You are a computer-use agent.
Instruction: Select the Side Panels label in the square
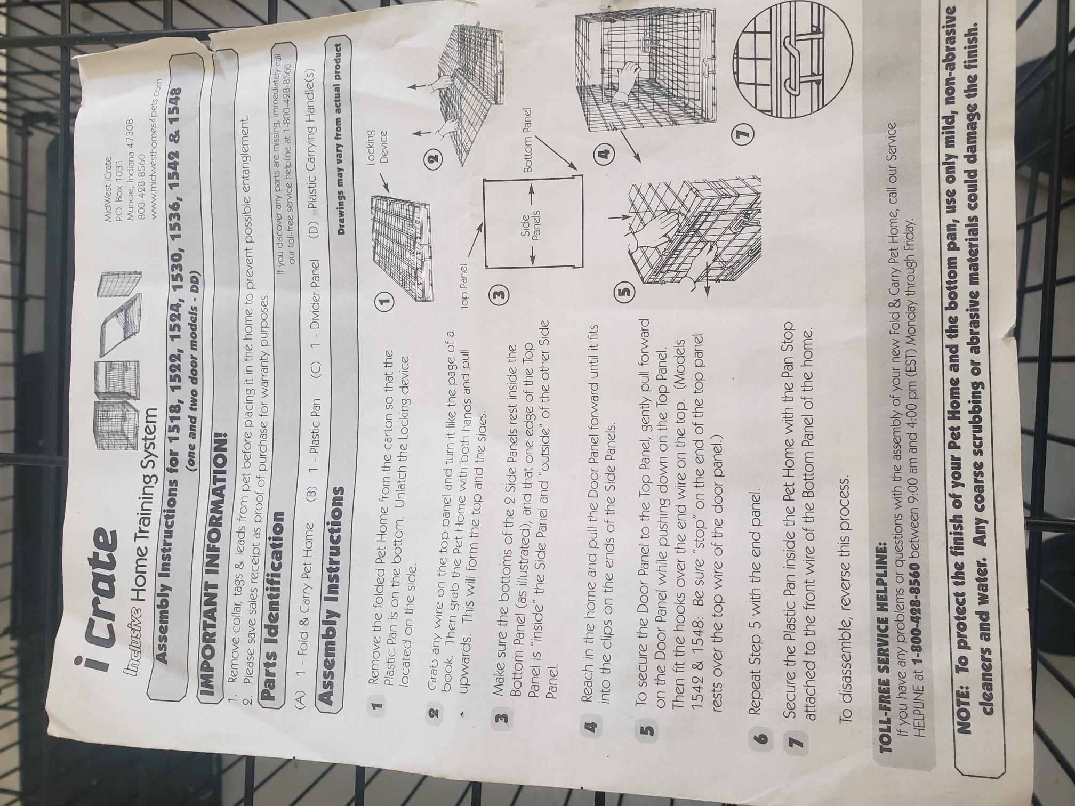click(530, 227)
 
